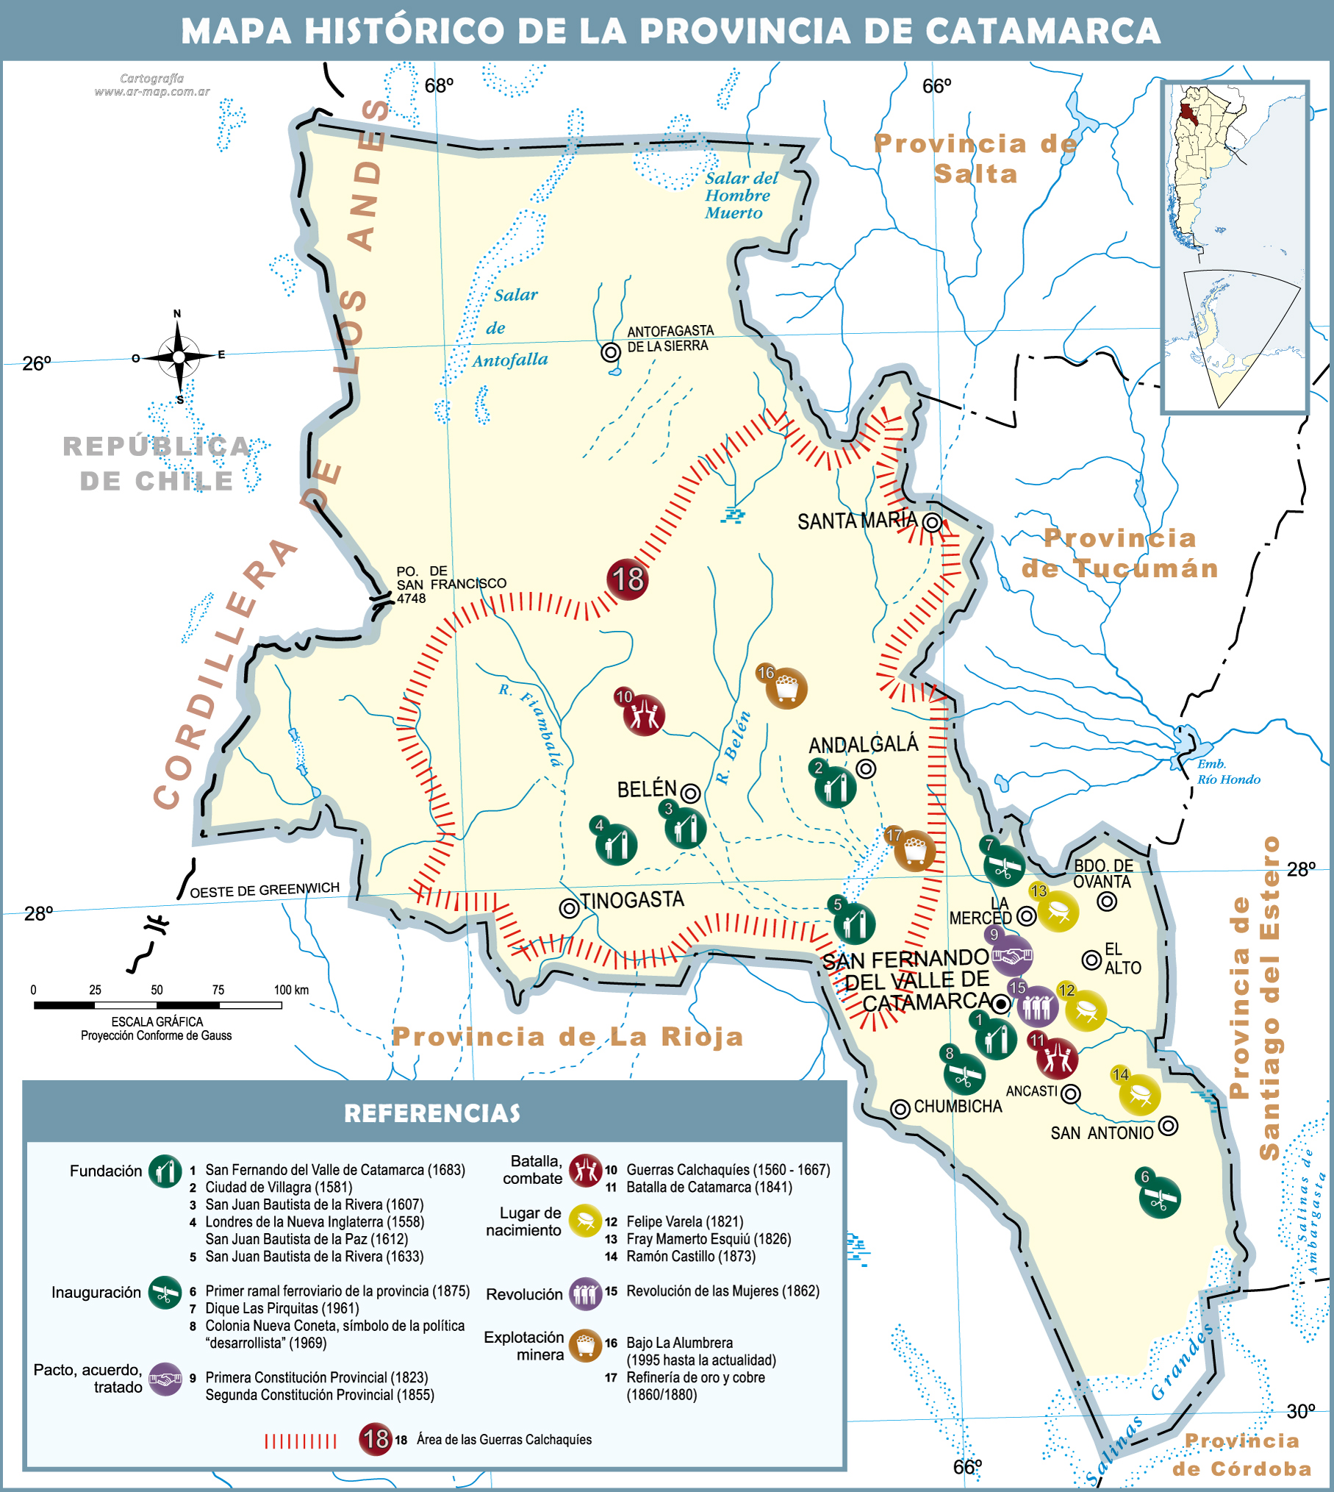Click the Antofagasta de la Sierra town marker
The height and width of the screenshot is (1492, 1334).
pos(611,352)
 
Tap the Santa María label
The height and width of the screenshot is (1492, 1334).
pos(857,521)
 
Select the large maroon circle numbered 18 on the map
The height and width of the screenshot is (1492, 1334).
pos(627,579)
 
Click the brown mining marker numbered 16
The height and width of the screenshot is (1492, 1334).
pos(786,688)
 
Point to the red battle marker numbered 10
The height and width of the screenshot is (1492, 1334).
pos(644,715)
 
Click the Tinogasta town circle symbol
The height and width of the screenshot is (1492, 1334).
pos(570,908)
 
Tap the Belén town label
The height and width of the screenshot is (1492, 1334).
pos(647,789)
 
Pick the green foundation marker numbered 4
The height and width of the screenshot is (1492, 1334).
pos(616,844)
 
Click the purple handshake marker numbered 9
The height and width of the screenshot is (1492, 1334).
pos(1012,956)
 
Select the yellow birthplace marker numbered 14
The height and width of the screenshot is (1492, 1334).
pos(1139,1094)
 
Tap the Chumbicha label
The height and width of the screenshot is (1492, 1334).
pos(958,1107)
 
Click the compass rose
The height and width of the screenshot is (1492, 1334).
pos(179,357)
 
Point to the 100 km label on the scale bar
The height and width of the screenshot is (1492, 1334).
pos(291,990)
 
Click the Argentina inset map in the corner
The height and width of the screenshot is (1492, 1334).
pos(1235,248)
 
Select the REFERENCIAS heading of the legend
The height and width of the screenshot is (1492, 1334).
pos(432,1113)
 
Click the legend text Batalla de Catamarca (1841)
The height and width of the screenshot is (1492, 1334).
pos(709,1187)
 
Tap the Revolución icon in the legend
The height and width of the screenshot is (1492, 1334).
pos(585,1294)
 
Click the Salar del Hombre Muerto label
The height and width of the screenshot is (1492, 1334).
pos(740,196)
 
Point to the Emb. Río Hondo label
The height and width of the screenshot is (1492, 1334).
pos(1228,772)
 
